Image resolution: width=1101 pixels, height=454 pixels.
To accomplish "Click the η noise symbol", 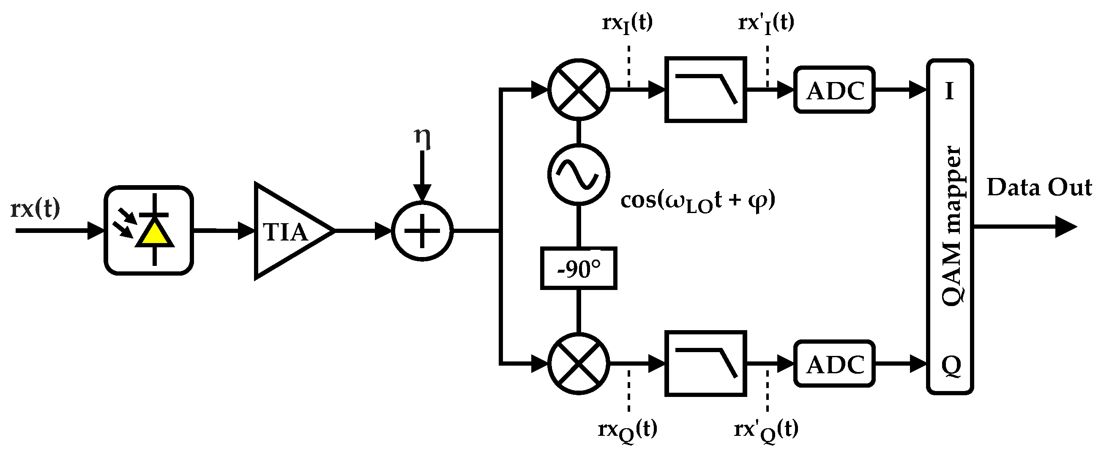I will click(x=422, y=138).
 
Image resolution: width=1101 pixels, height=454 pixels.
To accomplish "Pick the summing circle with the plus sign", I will click(x=422, y=231).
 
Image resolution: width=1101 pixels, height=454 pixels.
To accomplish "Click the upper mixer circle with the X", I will click(x=579, y=89).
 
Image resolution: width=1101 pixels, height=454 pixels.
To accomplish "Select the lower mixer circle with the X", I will click(x=579, y=364).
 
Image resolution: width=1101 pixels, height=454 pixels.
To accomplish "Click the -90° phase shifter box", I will click(x=579, y=268).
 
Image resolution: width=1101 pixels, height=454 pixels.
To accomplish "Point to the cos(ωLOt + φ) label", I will click(x=697, y=201).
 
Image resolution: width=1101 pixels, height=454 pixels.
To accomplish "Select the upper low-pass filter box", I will click(x=706, y=89).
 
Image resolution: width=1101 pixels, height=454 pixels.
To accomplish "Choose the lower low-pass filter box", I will click(x=706, y=364).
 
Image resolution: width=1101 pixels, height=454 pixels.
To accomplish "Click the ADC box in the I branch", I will click(x=835, y=90).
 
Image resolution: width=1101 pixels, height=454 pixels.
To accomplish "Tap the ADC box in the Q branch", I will click(x=835, y=364).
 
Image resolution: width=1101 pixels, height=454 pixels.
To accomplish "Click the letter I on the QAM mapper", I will click(x=949, y=91).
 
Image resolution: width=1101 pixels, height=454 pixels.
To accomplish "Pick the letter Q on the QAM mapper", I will click(x=951, y=366).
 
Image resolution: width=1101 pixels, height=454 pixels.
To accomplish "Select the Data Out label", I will click(x=1039, y=188).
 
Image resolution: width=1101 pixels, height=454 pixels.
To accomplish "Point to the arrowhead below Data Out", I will click(x=1065, y=227).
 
